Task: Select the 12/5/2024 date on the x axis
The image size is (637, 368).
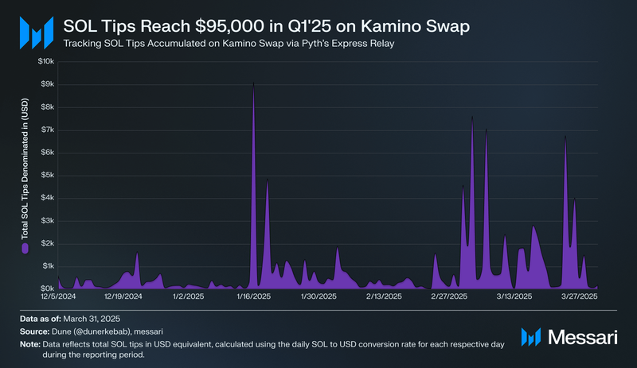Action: click(57, 296)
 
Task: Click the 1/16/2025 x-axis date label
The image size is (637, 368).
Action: click(253, 296)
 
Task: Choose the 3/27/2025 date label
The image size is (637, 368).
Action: click(579, 296)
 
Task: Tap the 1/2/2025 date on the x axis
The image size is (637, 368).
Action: click(188, 296)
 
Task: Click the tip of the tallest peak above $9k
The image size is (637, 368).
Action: click(253, 83)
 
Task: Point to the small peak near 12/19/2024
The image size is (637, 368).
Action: click(137, 254)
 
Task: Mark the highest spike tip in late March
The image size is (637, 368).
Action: click(565, 136)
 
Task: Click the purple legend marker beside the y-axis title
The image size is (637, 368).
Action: click(25, 248)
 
